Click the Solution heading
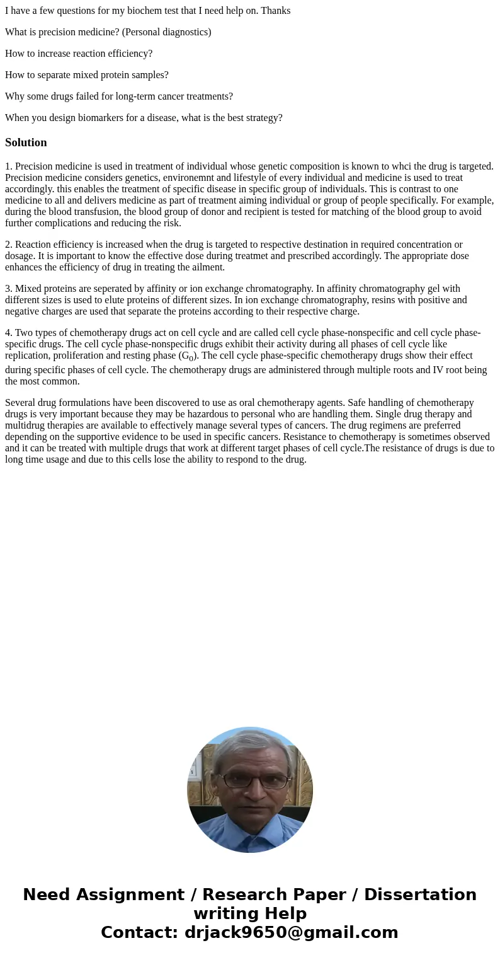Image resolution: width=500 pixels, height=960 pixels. pyautogui.click(x=26, y=142)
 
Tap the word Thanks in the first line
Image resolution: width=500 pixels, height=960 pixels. pyautogui.click(x=276, y=11)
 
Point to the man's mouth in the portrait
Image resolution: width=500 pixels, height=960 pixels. pyautogui.click(x=252, y=811)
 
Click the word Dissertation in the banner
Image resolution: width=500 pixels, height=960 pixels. pyautogui.click(x=420, y=895)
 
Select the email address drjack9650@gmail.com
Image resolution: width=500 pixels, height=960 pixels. pyautogui.click(x=291, y=933)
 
